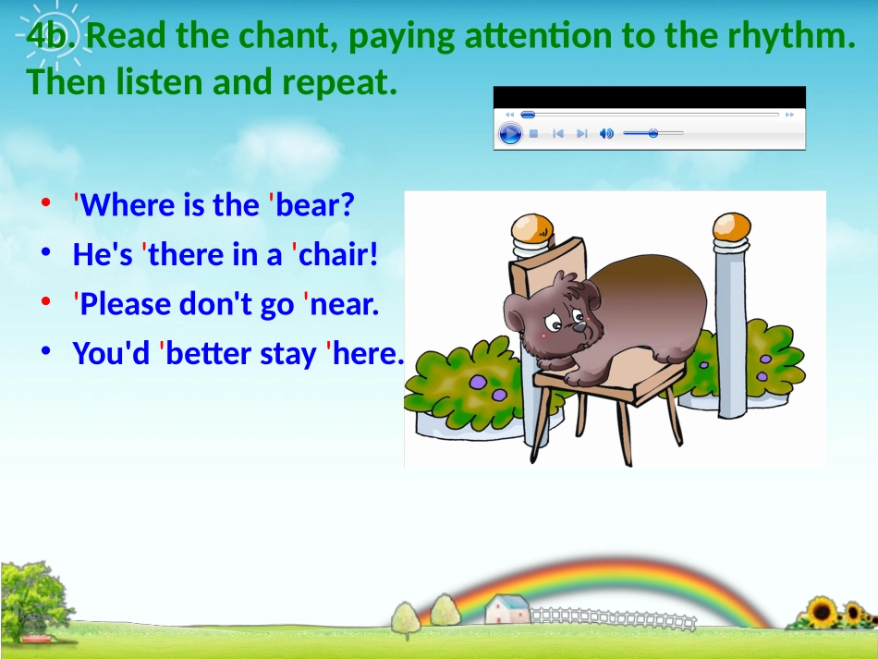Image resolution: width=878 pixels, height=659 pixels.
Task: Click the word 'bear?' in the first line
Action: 315,205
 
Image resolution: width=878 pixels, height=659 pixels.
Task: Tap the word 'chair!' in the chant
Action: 338,255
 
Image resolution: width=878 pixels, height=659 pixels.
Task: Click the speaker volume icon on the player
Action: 606,134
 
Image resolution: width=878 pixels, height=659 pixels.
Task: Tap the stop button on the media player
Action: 533,134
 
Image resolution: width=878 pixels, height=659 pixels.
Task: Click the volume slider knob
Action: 653,134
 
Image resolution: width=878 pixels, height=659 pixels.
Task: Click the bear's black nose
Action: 579,327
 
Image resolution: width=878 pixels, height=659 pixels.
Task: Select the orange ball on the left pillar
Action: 532,227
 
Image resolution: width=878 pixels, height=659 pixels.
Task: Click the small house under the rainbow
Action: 506,609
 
